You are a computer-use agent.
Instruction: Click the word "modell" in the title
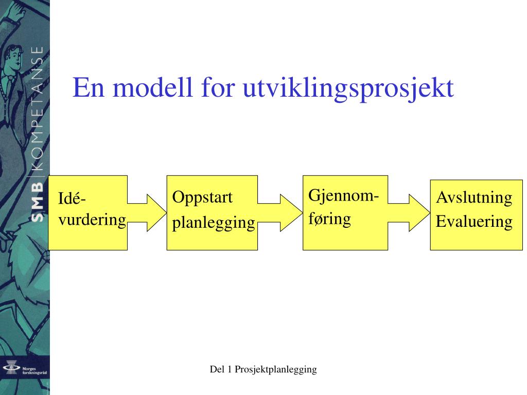coord(149,88)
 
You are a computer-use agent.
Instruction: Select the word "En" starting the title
coord(90,88)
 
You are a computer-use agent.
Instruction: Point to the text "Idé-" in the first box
coord(73,199)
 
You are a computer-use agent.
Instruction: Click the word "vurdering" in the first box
coord(92,220)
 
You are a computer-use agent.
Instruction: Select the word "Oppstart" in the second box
coord(202,197)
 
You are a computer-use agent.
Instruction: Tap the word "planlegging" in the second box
coord(214,223)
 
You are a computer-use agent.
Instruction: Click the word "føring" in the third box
coord(329,219)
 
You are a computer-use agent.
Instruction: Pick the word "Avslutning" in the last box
coord(474,197)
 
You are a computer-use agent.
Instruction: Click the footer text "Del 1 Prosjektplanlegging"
coord(263,369)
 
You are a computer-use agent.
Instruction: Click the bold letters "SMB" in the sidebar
coord(37,200)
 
